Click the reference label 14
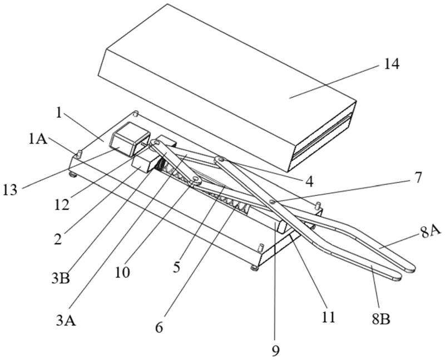pos(391,65)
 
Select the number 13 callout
pos(11,189)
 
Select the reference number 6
pos(159,328)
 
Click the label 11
pos(329,317)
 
